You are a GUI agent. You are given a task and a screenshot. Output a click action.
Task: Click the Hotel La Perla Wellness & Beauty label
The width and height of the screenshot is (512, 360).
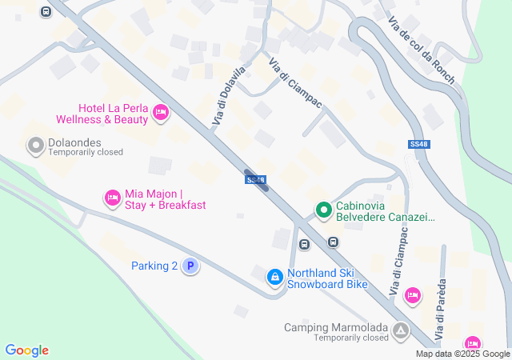pos(102,114)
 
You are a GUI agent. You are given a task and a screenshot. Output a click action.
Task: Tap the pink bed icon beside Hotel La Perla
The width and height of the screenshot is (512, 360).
pos(160,113)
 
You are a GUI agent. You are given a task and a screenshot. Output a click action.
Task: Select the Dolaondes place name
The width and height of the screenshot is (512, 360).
pos(74,141)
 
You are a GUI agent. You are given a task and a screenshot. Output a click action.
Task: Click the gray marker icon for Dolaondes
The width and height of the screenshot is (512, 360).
pos(35,146)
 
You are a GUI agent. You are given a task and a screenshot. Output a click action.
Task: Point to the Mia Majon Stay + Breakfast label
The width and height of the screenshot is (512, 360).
pos(165,199)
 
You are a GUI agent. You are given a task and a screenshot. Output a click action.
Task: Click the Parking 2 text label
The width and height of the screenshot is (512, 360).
pos(154,266)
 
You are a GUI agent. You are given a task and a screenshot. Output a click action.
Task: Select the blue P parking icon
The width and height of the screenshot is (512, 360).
pos(190,266)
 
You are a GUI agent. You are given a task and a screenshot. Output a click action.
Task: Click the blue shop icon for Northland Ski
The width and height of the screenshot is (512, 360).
pos(274,277)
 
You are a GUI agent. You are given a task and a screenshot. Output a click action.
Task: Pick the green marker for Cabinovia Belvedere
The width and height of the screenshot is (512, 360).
pos(323,210)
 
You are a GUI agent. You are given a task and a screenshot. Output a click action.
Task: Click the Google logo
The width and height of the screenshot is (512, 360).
pos(26,350)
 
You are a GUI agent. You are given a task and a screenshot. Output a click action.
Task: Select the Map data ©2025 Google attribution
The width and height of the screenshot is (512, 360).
pos(462,354)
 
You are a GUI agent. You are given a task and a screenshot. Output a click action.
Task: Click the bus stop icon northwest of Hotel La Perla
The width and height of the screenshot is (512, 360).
pos(46,11)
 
